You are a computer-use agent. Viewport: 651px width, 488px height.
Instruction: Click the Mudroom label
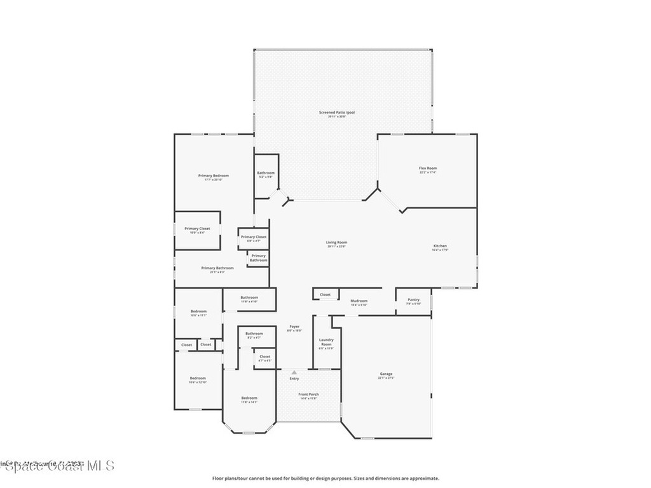359,302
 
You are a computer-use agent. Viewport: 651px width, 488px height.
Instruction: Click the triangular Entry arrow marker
294,372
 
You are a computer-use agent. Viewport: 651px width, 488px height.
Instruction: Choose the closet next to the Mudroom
325,295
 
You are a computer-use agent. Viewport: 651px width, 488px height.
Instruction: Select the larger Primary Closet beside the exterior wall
197,230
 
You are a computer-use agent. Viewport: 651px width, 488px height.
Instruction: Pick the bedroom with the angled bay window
249,399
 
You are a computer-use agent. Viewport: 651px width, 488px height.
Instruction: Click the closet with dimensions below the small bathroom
265,358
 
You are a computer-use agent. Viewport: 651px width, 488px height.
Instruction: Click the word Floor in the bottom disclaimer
217,478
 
